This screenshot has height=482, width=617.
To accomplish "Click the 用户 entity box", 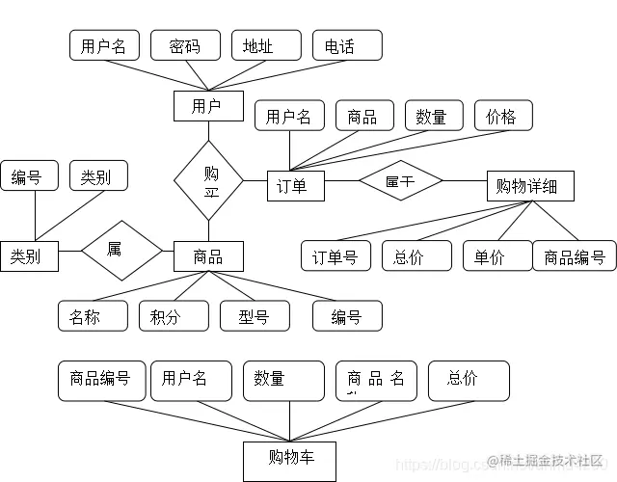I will [x=207, y=106].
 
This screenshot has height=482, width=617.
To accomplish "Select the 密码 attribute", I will [x=185, y=45].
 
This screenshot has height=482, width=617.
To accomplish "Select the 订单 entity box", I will [x=295, y=185].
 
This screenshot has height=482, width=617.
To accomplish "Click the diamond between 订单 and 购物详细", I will [x=400, y=180].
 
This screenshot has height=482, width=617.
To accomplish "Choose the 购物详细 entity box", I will [x=530, y=186].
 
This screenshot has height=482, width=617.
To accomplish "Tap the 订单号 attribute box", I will [x=335, y=255].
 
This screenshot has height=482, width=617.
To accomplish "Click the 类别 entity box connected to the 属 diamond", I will [x=29, y=255].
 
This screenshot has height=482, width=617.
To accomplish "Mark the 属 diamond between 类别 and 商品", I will [x=121, y=251].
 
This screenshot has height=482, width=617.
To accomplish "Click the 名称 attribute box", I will [x=93, y=315].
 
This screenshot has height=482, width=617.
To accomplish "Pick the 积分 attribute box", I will [x=174, y=315].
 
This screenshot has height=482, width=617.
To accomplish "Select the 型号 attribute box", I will [x=255, y=315].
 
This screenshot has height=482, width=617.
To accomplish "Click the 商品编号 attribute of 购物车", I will [x=98, y=381].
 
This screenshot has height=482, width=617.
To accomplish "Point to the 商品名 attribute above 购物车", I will [x=376, y=381].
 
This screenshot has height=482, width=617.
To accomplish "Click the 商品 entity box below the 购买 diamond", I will [x=208, y=255].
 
